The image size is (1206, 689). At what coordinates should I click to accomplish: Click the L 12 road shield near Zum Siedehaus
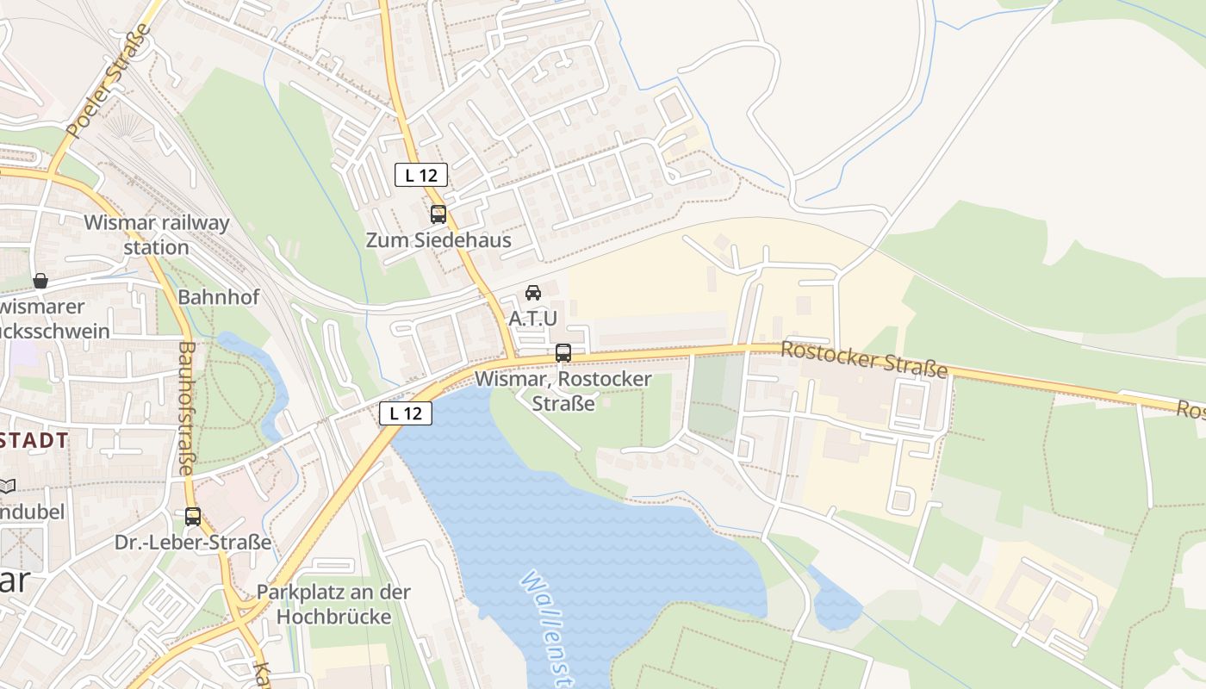pos(421,175)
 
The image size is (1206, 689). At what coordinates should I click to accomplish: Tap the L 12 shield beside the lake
pos(405,413)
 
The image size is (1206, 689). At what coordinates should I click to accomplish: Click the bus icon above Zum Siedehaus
pos(438,214)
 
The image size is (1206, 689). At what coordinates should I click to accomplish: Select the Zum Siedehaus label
pos(438,240)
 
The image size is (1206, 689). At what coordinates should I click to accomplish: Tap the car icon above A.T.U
pos(533,293)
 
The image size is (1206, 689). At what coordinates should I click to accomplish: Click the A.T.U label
pos(533,319)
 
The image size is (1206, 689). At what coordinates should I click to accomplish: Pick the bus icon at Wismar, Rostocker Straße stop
pos(563,353)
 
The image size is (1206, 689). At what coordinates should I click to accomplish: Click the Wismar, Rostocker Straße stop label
pos(563,390)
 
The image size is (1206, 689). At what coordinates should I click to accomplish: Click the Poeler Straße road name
pos(109,82)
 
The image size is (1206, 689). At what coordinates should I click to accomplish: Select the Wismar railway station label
pos(157,235)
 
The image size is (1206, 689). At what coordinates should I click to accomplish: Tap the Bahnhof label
pos(219,297)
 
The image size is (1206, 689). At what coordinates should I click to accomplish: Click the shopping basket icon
pos(40,281)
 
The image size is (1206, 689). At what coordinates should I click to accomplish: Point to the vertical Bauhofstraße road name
pos(186,408)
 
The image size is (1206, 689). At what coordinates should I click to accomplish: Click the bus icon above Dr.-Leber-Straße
pos(193,517)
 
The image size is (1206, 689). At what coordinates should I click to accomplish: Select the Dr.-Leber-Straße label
pos(193,543)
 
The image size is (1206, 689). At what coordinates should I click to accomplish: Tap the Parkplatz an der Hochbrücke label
pos(334,605)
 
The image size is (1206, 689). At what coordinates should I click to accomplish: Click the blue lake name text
pos(547,629)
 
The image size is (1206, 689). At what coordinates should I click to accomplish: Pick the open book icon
pos(7,487)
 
